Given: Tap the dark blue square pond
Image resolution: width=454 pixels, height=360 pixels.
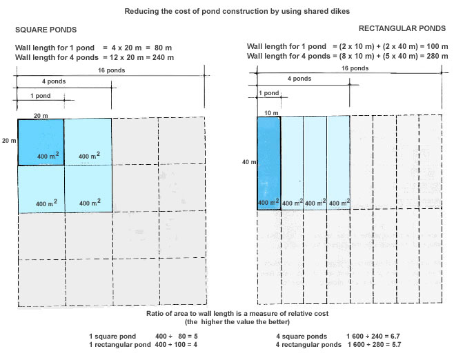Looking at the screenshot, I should pyautogui.click(x=41, y=142).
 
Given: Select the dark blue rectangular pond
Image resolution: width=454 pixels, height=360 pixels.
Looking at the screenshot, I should pyautogui.click(x=268, y=163).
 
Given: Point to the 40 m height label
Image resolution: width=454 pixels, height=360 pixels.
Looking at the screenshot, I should pyautogui.click(x=246, y=163).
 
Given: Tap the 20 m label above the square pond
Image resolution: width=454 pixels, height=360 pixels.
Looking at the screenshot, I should pyautogui.click(x=41, y=115).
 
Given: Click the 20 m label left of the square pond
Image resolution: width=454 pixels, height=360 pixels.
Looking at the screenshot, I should pyautogui.click(x=8, y=141).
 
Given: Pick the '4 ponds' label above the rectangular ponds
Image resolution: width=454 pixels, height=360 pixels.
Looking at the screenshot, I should pyautogui.click(x=299, y=79).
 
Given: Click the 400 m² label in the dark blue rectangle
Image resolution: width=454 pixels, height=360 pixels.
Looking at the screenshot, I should pyautogui.click(x=268, y=203).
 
